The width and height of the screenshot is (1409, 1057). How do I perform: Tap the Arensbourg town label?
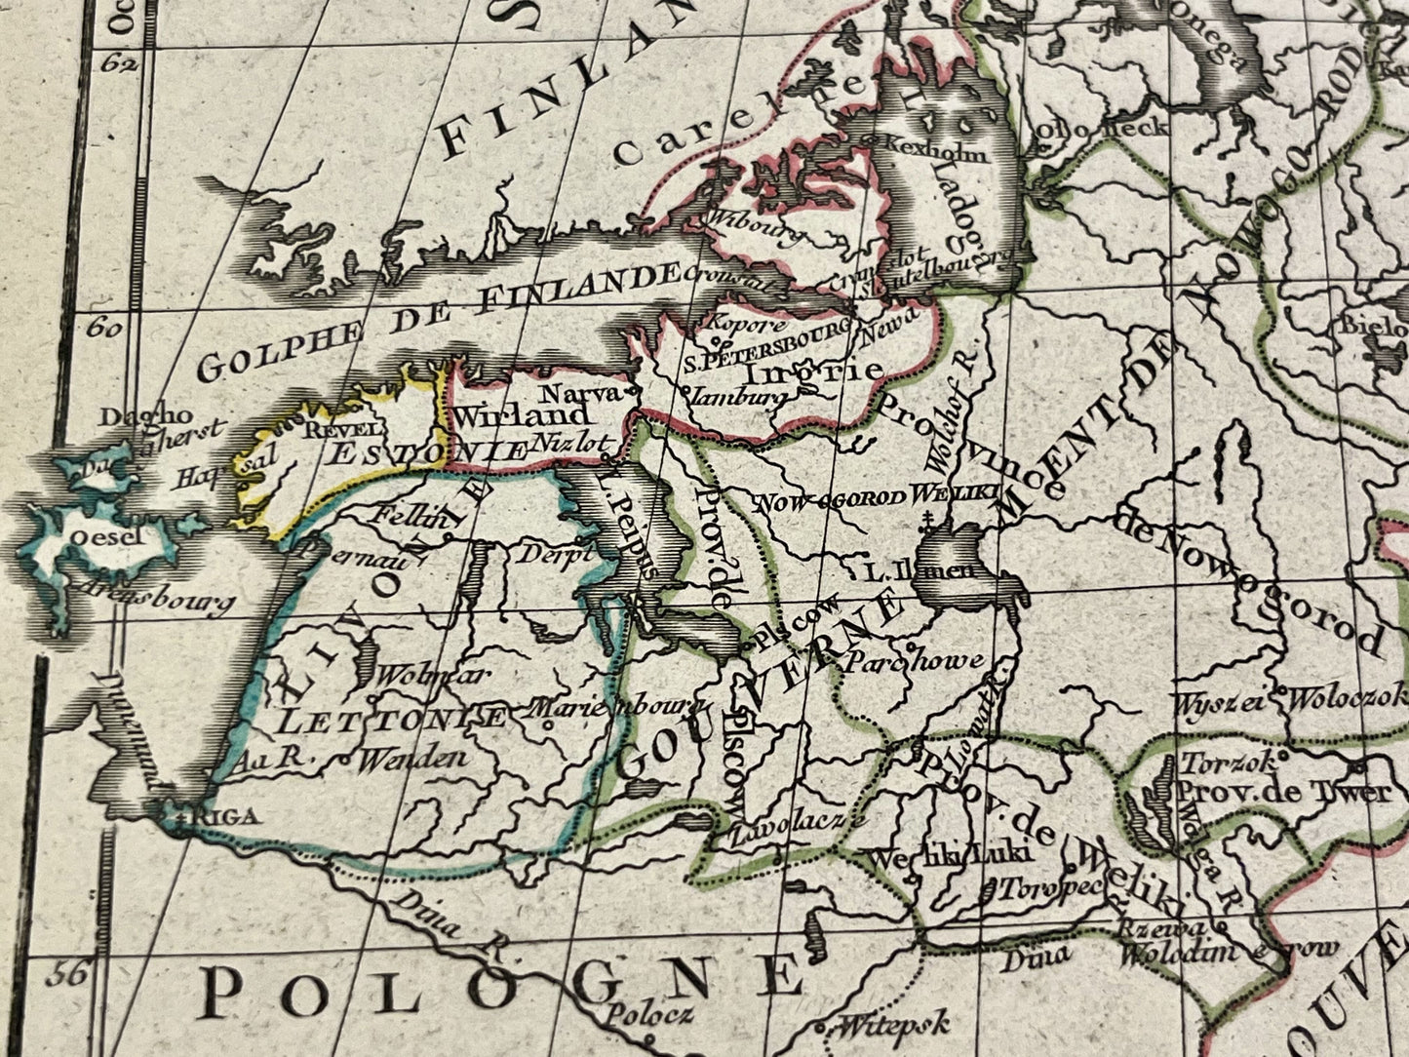(x=156, y=597)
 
